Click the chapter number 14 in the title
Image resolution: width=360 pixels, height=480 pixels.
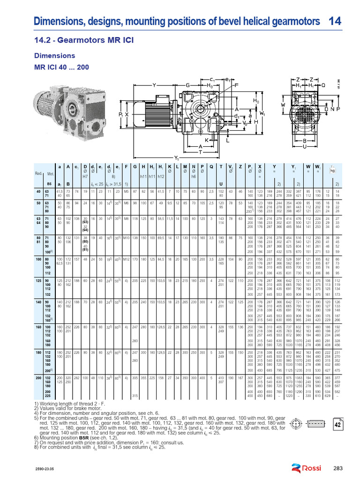pyautogui.click(x=335, y=21)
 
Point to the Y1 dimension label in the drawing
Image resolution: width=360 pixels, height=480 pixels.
pyautogui.click(x=177, y=157)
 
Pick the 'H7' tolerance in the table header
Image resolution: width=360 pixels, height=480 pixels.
pyautogui.click(x=85, y=177)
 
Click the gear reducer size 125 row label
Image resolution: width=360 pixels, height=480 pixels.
pyautogui.click(x=39, y=280)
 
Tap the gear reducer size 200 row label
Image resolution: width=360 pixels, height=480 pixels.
pyautogui.click(x=39, y=376)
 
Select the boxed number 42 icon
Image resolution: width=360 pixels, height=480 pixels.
pyautogui.click(x=337, y=425)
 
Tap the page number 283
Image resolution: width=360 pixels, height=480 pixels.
pyautogui.click(x=338, y=468)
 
